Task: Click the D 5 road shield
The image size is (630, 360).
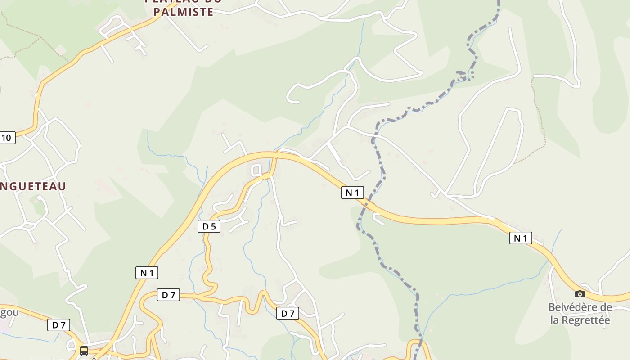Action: point(209,226)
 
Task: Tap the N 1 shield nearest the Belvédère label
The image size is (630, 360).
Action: point(521,238)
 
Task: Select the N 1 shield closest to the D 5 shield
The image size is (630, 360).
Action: point(147,272)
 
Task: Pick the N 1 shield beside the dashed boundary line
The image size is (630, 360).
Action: point(352,193)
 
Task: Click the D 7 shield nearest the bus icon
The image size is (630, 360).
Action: point(58,325)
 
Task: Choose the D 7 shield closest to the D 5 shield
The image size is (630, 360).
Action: point(168,295)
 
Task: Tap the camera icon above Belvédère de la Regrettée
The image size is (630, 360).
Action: point(580,294)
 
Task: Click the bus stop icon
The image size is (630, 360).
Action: point(84,351)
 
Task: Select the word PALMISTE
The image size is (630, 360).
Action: point(183,12)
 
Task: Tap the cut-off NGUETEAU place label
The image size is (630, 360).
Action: point(33,186)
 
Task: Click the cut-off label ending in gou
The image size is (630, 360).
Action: point(9,313)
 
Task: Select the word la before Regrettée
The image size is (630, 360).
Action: point(555,320)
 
